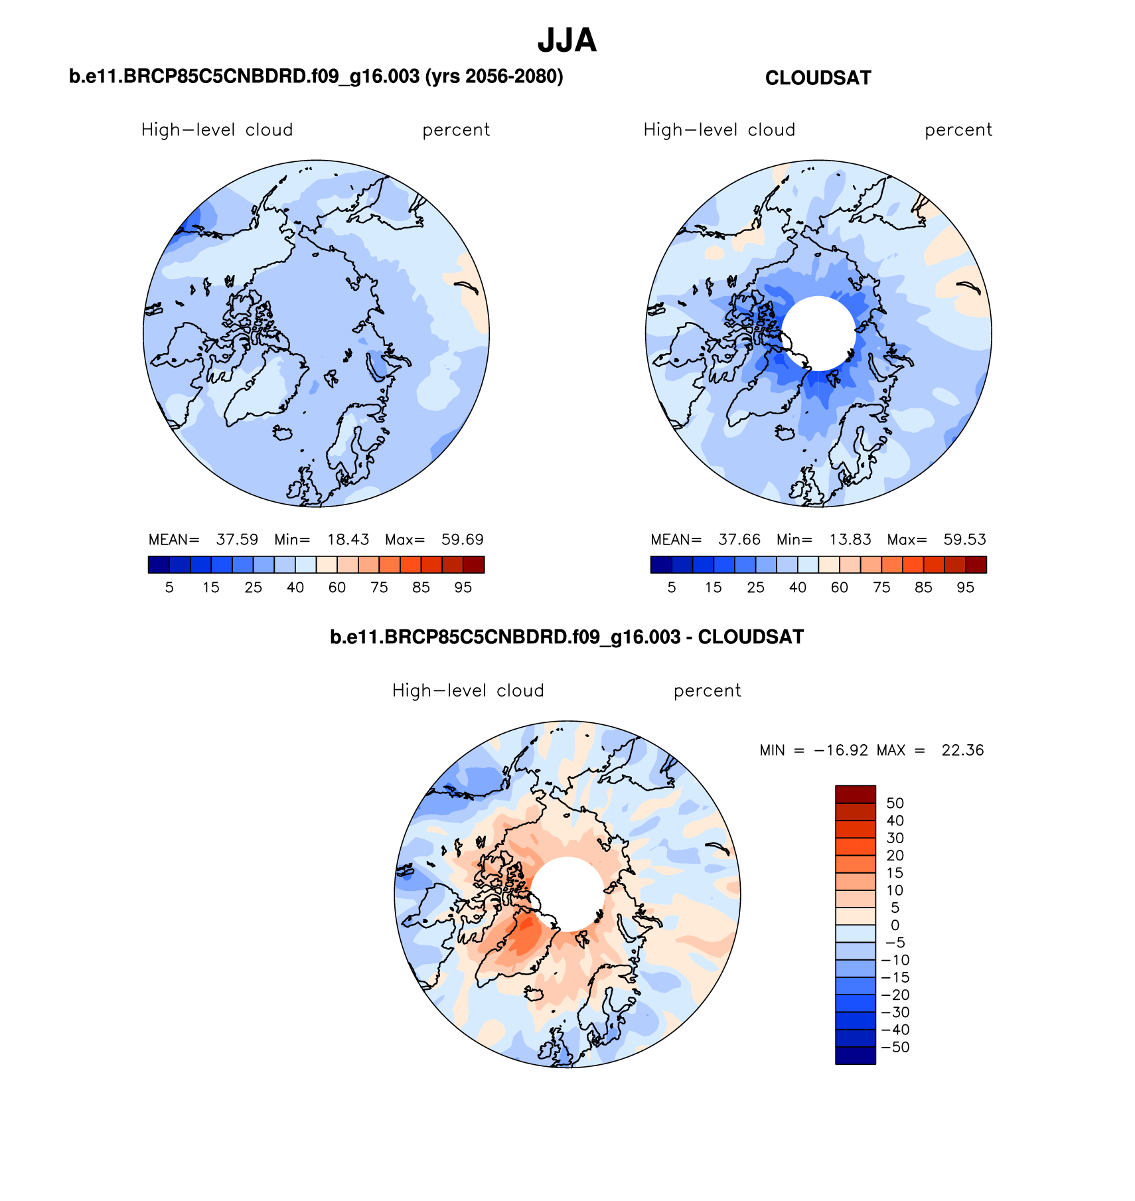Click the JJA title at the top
click(567, 41)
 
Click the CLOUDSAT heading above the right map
click(818, 78)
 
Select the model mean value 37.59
click(237, 540)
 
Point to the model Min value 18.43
click(348, 540)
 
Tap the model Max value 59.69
click(462, 540)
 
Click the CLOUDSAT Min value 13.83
click(850, 540)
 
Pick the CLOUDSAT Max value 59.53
click(964, 540)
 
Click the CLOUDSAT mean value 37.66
click(739, 540)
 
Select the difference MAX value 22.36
click(962, 750)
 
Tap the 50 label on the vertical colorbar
click(895, 803)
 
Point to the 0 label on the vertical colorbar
click(895, 925)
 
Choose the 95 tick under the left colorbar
click(463, 588)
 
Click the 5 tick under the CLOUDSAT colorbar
click(672, 588)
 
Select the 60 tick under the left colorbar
click(337, 588)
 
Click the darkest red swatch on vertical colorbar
click(855, 794)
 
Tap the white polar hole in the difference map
click(567, 894)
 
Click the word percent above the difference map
click(707, 691)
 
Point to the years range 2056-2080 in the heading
click(510, 77)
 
